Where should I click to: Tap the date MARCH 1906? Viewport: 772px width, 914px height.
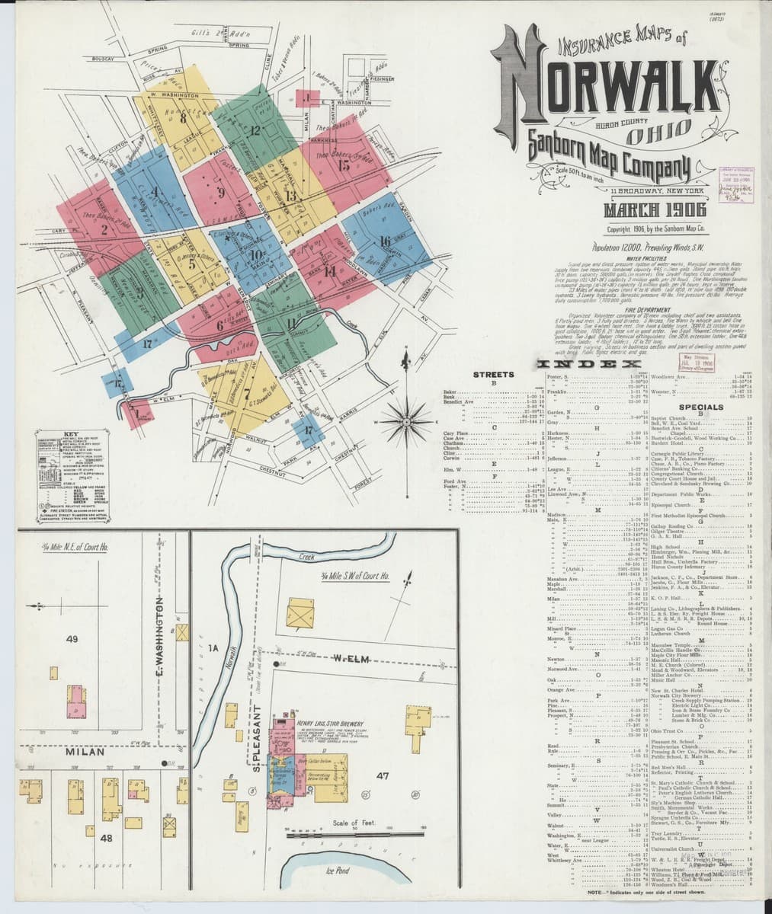(655, 210)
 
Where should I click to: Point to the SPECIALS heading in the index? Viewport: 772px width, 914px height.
(701, 407)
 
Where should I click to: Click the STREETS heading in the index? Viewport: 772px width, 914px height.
(493, 375)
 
